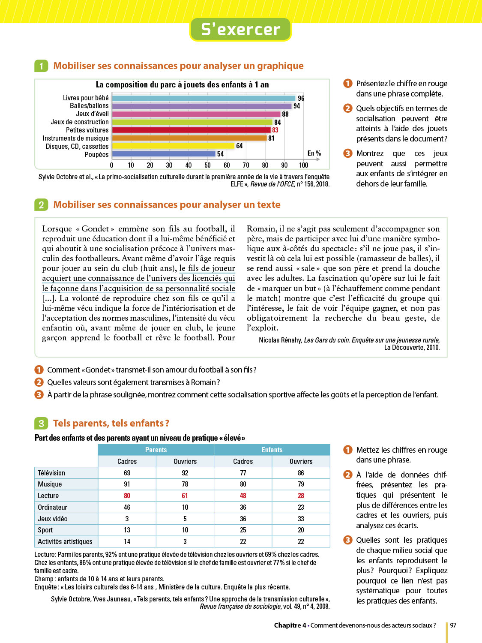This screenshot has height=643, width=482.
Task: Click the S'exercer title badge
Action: (x=240, y=30)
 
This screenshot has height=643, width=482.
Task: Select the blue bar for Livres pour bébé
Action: (x=204, y=98)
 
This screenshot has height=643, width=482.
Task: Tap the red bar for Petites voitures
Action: (x=191, y=130)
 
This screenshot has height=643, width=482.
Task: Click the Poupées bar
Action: (x=163, y=154)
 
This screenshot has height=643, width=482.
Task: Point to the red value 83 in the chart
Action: (x=275, y=130)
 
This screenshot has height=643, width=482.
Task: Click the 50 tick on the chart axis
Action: (x=207, y=165)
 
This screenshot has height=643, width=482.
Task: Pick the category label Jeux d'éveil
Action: (x=92, y=114)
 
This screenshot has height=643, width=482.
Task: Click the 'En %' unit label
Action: (x=314, y=153)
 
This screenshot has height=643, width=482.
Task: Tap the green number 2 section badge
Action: (x=41, y=205)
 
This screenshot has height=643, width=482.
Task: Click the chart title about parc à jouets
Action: (x=182, y=85)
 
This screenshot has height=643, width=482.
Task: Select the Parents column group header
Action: (x=156, y=450)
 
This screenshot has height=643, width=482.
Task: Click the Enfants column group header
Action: (x=272, y=450)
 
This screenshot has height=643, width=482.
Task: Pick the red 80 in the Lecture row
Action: (x=127, y=496)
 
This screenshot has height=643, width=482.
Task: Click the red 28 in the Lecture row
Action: (x=301, y=496)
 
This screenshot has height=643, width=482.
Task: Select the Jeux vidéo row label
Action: (x=53, y=519)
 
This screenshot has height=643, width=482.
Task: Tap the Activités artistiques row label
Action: (x=65, y=541)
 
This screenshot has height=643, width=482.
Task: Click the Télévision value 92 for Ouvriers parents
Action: (x=185, y=473)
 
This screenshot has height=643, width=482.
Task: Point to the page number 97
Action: (x=453, y=625)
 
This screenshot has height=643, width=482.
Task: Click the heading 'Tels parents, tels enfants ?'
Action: (x=111, y=424)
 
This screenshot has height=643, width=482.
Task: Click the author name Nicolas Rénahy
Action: (x=280, y=340)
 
